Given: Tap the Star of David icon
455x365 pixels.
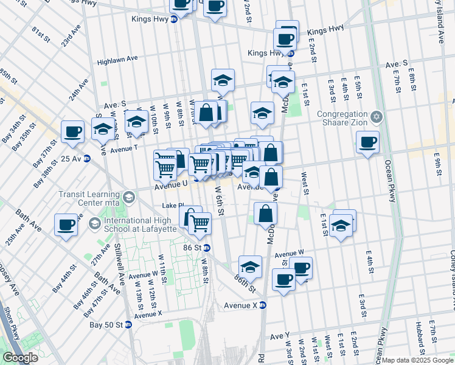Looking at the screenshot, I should point(376,116).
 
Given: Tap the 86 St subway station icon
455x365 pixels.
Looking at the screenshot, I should point(207,248).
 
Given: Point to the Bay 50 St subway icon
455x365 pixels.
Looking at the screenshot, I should point(128,324).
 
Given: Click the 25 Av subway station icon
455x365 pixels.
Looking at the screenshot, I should point(87,158).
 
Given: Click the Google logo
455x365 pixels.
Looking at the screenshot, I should point(21,358).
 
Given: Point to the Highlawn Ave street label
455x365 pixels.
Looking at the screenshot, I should point(117,60).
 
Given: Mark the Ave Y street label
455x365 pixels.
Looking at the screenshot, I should point(280,336).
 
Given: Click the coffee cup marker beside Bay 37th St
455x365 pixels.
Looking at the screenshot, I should point(73,131).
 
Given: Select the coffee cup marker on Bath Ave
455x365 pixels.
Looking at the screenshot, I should point(66,224).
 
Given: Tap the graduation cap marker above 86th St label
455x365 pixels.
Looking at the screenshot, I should point(250,266).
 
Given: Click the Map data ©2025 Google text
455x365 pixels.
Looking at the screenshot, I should point(418,360).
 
